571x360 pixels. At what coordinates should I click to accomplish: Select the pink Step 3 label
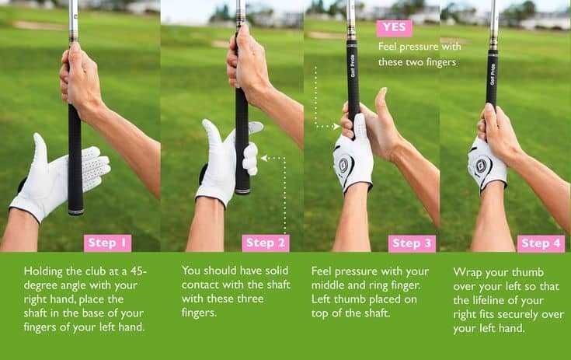coord(411,243)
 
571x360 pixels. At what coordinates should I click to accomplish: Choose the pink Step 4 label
coord(541,243)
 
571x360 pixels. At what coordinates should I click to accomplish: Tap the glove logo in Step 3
coord(344,165)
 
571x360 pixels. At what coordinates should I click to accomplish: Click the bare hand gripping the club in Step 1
coord(82,86)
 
